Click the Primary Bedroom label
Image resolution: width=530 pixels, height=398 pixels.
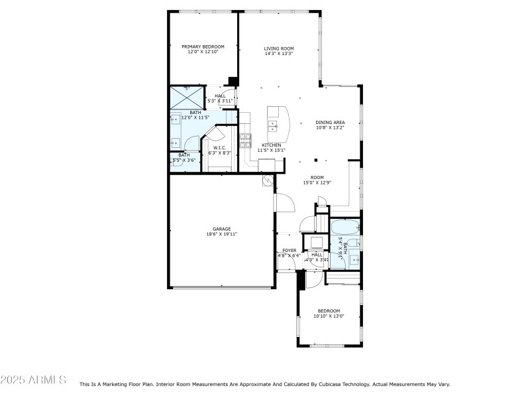click(203, 46)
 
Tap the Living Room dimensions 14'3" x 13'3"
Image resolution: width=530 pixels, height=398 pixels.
click(279, 54)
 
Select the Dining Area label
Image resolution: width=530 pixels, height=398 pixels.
click(329, 122)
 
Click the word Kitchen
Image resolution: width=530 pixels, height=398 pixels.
click(271, 145)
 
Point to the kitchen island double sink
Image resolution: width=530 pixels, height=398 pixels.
click(272, 125)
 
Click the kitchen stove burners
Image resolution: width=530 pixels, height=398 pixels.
click(246, 139)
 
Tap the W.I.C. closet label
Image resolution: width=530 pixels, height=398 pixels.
click(220, 147)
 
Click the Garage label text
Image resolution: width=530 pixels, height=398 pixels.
click(221, 229)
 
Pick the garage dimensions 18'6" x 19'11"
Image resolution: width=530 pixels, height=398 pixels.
click(221, 234)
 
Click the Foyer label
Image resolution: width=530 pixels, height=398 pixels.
click(290, 250)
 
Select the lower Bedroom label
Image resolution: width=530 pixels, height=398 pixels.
click(329, 310)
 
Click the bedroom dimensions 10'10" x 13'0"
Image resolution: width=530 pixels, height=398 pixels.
click(329, 316)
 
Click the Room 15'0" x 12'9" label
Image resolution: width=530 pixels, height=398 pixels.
click(317, 180)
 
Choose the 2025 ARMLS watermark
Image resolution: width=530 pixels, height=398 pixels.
click(33, 380)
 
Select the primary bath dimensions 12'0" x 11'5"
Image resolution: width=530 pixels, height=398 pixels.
click(195, 117)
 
